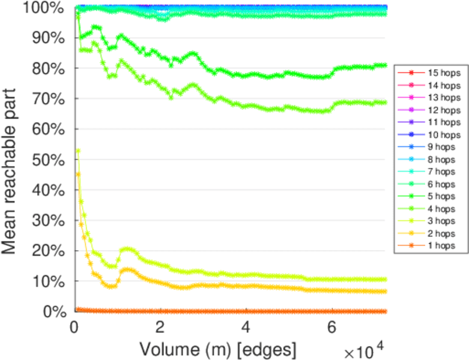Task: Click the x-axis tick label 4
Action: (x=246, y=328)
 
